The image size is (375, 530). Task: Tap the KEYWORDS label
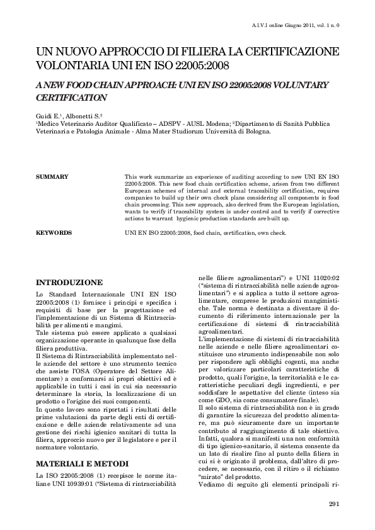pos(54,233)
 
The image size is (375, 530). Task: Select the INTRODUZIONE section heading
pos(70,282)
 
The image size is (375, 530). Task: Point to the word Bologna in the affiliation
pos(257,133)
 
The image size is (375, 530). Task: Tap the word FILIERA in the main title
pos(202,50)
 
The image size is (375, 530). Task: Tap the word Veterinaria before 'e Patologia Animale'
pos(55,133)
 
